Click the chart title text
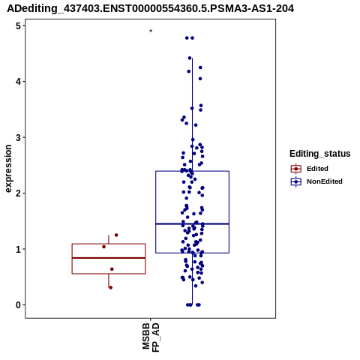point(151,9)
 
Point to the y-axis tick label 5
point(19,25)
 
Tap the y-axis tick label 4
point(19,82)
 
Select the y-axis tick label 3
point(19,137)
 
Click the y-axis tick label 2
point(19,193)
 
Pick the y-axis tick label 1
point(19,249)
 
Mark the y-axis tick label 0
point(19,305)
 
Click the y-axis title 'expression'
point(8,169)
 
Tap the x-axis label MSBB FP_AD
point(151,337)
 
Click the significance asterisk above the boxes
point(151,31)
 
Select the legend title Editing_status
point(320,154)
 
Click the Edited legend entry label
point(317,169)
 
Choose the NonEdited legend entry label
point(325,181)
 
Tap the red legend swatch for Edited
point(296,169)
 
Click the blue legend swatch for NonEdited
point(296,181)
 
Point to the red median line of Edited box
point(109,258)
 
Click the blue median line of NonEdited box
point(192,223)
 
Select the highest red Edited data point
point(116,235)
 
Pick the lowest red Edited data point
point(110,287)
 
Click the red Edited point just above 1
point(104,247)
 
